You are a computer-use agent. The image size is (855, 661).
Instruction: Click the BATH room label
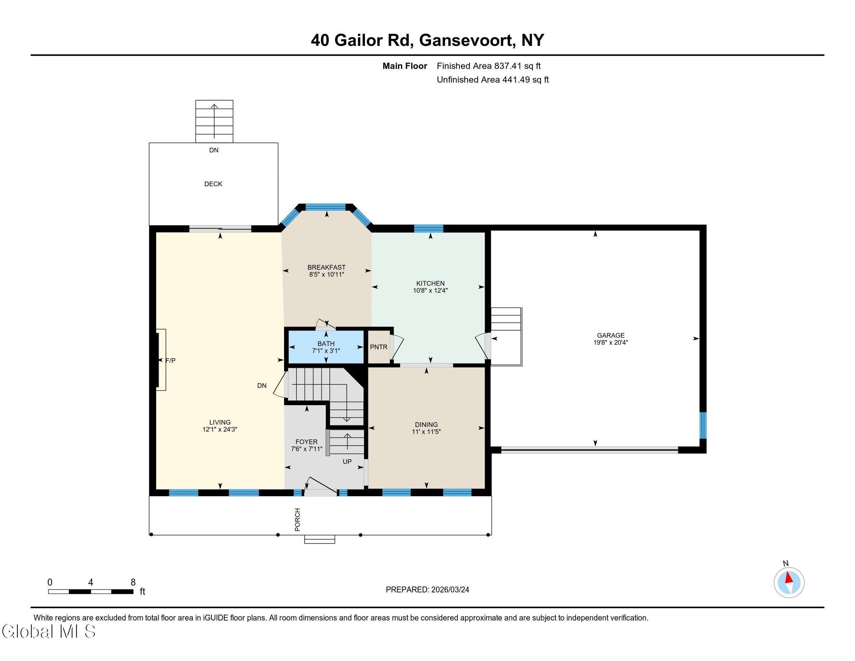coord(326,343)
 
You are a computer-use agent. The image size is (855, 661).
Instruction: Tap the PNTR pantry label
coord(379,347)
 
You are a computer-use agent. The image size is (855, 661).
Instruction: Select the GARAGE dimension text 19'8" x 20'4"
coord(610,342)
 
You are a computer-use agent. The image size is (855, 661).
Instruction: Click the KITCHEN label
coord(430,283)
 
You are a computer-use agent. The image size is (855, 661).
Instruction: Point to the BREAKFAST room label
coord(326,268)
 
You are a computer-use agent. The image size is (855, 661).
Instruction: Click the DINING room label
coord(426,425)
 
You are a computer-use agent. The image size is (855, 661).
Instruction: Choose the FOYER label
coord(307,442)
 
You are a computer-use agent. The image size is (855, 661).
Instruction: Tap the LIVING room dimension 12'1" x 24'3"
coord(220,429)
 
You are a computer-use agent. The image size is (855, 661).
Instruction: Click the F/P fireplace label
coord(170,361)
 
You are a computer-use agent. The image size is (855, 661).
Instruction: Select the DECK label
coord(213,184)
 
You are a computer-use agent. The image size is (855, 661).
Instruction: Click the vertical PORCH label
coord(298,519)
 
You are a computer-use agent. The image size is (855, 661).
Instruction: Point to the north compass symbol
coord(789,583)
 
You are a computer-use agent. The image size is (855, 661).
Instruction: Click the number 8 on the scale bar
coord(133,582)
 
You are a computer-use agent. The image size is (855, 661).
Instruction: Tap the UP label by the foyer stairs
coord(347,462)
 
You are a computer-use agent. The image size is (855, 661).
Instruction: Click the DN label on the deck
coord(214,150)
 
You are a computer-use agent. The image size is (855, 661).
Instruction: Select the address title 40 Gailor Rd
coord(362,40)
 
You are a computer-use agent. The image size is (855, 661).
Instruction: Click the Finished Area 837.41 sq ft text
coord(489,66)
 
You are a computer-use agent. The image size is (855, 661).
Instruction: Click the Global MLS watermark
coord(49,631)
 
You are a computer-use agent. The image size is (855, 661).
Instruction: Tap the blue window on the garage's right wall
coord(703,425)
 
